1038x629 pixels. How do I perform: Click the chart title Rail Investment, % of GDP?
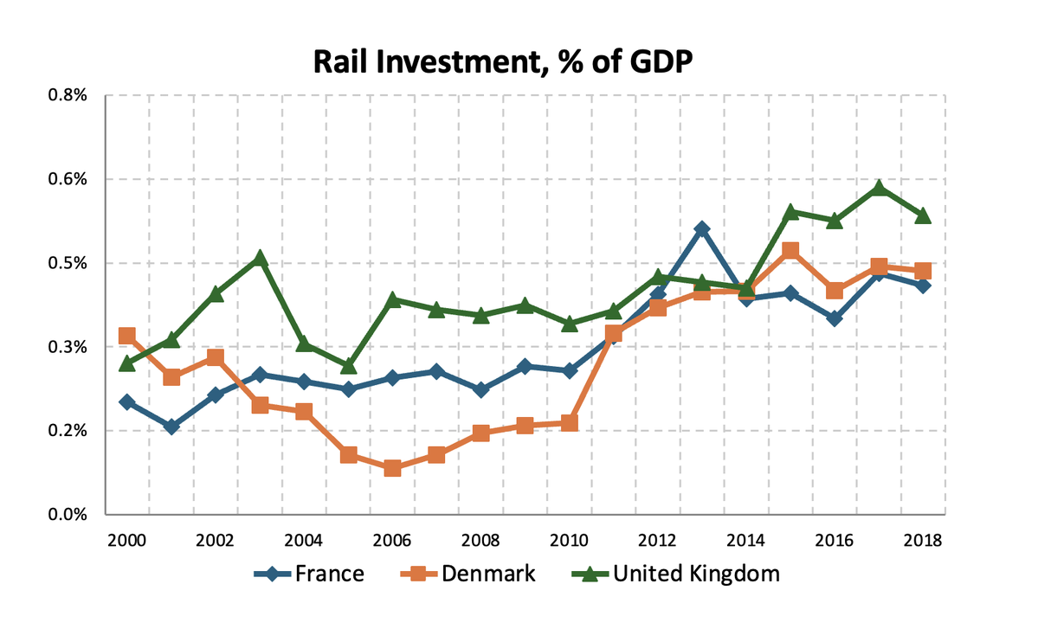pos(503,62)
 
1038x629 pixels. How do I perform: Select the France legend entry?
pos(309,574)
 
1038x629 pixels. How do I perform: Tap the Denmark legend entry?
pos(468,574)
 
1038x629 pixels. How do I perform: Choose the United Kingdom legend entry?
pos(676,574)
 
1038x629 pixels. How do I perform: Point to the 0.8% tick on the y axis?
pos(68,95)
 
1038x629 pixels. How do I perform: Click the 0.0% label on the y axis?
pos(68,515)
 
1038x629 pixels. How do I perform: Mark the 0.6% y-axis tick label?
pos(68,179)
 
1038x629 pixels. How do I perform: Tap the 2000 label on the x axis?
pos(126,541)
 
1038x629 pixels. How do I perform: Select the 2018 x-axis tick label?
pos(923,541)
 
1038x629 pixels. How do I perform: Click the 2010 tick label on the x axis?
pos(569,541)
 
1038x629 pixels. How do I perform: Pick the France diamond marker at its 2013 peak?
pos(702,229)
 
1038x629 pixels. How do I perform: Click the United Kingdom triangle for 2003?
pos(260,258)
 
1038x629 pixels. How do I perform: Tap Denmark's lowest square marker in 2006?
pos(392,468)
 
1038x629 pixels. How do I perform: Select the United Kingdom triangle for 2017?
pos(879,188)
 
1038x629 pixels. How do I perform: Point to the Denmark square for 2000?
pos(126,336)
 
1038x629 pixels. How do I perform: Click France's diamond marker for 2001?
pos(171,427)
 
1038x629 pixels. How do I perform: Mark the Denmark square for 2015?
pos(790,250)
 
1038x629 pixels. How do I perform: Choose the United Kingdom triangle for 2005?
pos(348,366)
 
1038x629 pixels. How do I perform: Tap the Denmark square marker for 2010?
pos(569,422)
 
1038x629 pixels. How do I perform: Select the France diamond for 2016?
pos(834,318)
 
